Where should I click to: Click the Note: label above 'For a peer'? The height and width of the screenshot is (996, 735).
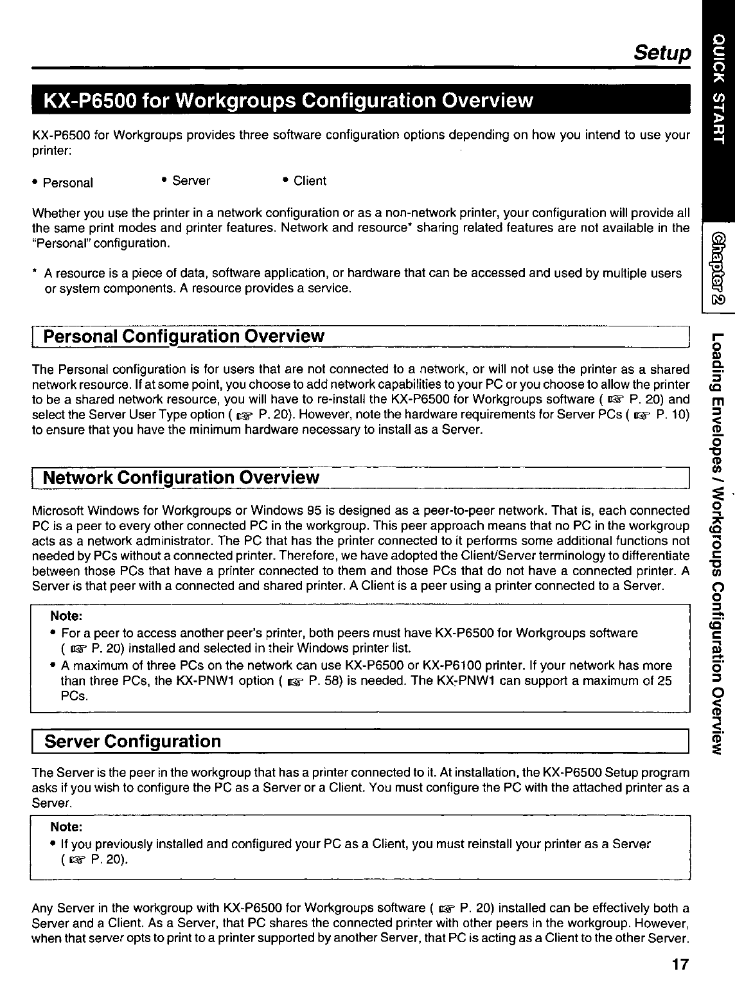point(66,616)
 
